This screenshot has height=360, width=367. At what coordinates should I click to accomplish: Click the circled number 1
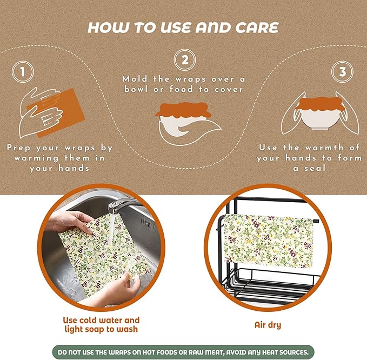coord(23,72)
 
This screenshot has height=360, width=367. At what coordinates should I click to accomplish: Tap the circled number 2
coord(185,60)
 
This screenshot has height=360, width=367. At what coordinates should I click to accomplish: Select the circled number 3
coord(343,72)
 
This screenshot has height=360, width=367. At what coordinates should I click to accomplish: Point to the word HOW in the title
coord(108,28)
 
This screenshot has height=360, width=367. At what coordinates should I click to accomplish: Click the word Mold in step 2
coord(135,79)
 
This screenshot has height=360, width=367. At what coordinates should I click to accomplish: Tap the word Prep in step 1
coord(18,148)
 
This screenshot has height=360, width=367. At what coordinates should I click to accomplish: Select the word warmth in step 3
coord(324,148)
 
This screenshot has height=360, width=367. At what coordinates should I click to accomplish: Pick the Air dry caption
coord(268,325)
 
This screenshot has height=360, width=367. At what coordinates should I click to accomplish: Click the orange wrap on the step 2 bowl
coord(184,110)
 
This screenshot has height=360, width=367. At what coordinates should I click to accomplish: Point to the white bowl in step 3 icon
coord(320,119)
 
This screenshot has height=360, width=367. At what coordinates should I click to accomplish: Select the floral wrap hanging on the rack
coord(269,241)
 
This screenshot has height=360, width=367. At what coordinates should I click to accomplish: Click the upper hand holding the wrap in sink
coord(70,222)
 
